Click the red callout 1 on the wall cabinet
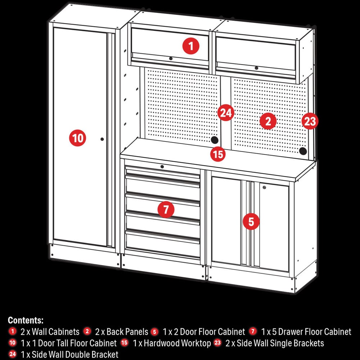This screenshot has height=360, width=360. (191, 46)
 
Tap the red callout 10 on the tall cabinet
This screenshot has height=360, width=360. (78, 138)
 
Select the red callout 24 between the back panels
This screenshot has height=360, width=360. (226, 113)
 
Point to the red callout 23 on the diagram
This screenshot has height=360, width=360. (310, 121)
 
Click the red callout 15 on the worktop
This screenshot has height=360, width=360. (218, 154)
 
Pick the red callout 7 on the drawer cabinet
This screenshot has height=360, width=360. (166, 210)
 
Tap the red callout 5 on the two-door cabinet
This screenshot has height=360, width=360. (251, 221)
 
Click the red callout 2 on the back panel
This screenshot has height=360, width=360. (268, 121)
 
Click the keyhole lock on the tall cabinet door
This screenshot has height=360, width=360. (102, 139)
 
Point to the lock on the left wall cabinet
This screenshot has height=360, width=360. (171, 59)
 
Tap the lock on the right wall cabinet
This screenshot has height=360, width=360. (256, 68)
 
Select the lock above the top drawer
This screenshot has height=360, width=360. (162, 167)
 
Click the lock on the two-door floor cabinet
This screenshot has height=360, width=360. (264, 188)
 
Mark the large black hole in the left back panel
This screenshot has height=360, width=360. (215, 140)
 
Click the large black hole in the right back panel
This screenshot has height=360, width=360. (303, 151)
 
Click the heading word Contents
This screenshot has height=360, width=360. (26, 320)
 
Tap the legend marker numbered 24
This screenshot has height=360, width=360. (12, 354)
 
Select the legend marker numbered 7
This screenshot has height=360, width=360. (253, 331)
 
